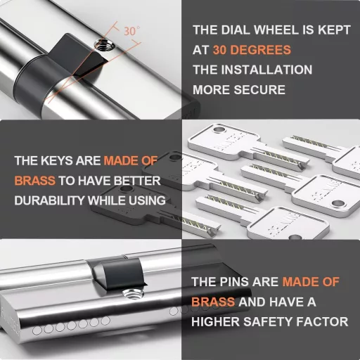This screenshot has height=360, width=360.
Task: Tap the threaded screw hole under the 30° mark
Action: pyautogui.click(x=103, y=45)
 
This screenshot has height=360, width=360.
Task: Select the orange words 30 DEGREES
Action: pyautogui.click(x=252, y=50)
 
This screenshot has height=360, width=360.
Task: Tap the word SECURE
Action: pyautogui.click(x=259, y=90)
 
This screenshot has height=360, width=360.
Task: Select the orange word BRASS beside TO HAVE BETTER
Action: pyautogui.click(x=35, y=181)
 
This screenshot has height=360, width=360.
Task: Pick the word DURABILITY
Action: pyautogui.click(x=49, y=200)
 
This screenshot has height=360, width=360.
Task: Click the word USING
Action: pyautogui.click(x=147, y=200)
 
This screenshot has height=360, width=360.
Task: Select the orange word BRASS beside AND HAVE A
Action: pyautogui.click(x=213, y=302)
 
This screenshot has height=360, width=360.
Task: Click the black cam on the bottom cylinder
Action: pyautogui.click(x=122, y=273)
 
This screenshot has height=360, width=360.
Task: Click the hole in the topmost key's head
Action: pyautogui.click(x=219, y=129)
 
